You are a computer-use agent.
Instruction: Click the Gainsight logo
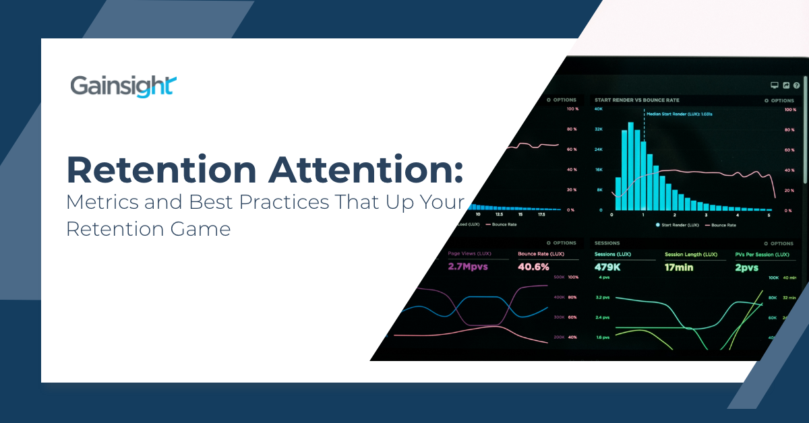[123, 87]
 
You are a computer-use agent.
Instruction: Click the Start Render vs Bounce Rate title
[637, 100]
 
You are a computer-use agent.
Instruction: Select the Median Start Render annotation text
[680, 114]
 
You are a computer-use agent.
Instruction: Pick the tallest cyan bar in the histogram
[631, 166]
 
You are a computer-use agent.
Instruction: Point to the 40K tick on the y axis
[598, 108]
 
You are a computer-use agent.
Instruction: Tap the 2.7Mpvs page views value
[468, 267]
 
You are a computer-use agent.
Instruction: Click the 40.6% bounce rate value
[534, 267]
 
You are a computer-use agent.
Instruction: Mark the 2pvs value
[746, 267]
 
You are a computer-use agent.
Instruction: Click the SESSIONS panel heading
[607, 243]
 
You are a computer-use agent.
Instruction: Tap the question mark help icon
[796, 86]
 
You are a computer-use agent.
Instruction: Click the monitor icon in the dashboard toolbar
[775, 86]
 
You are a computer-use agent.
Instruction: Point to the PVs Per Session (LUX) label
[762, 255]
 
